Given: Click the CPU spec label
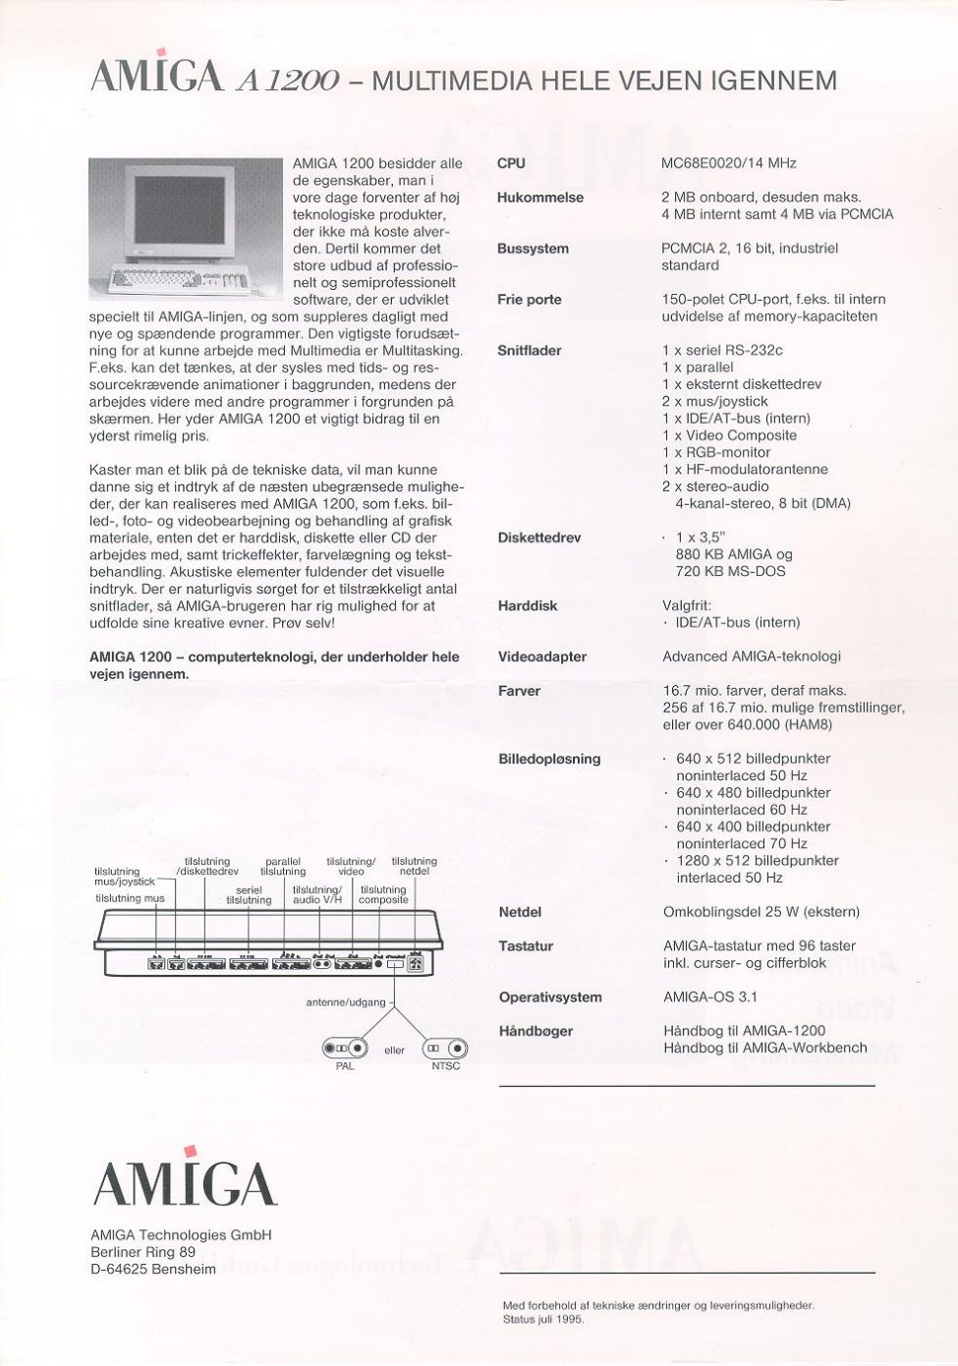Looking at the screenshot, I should [x=511, y=163].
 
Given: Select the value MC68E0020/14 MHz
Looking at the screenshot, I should [x=728, y=163].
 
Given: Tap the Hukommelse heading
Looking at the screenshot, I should [x=539, y=198].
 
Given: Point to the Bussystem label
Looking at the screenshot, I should [x=533, y=249].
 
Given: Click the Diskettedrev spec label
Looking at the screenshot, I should [x=539, y=538].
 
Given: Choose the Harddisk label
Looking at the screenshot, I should [x=528, y=605].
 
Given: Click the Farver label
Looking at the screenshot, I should [x=519, y=691].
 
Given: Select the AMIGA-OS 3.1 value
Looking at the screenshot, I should [x=709, y=996].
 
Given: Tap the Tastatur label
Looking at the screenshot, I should [x=526, y=945].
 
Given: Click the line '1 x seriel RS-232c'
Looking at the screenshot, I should [x=722, y=350].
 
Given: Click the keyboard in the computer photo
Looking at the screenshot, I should [x=177, y=280].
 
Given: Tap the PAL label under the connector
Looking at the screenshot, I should [x=345, y=1066].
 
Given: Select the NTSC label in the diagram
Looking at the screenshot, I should [x=445, y=1066].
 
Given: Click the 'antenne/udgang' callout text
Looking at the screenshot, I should [x=346, y=1001].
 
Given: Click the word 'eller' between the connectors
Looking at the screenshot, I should [x=395, y=1050].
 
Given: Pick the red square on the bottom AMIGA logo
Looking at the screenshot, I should [x=191, y=1152].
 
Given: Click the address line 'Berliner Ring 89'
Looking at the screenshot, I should [x=142, y=1252].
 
